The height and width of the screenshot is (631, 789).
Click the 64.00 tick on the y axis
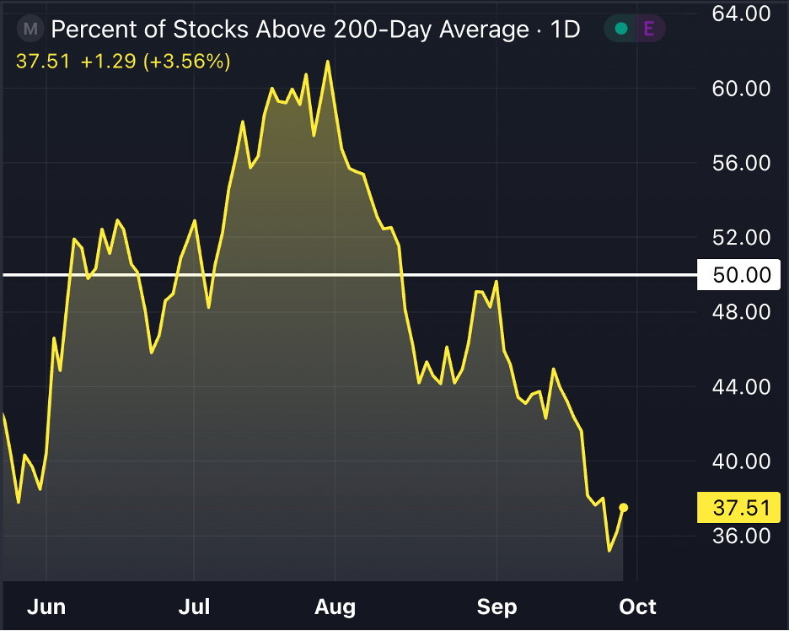point(741,14)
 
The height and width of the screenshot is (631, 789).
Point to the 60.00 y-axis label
point(741,89)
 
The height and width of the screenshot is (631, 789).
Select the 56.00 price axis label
point(741,163)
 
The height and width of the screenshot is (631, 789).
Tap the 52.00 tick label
point(741,238)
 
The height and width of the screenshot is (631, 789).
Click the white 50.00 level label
point(741,275)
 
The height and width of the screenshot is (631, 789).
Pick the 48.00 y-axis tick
point(741,312)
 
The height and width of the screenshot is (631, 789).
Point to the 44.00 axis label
point(741,387)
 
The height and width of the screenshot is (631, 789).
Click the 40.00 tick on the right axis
point(741,461)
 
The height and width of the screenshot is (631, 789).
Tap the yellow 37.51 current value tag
point(741,507)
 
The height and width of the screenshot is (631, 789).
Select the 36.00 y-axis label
point(741,536)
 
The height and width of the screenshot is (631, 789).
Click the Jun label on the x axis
point(46,607)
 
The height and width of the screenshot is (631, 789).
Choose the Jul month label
point(195,607)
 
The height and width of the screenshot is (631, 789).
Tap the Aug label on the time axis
point(335,607)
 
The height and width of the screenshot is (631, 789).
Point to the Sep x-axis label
point(496,607)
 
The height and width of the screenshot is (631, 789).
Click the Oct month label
point(638,607)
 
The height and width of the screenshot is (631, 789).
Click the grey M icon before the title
point(31,30)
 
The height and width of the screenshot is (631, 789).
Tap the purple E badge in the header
point(648,30)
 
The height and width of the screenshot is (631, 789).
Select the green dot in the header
point(621,30)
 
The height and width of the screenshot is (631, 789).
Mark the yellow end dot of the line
point(624,507)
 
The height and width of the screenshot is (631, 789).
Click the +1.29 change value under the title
point(107,62)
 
